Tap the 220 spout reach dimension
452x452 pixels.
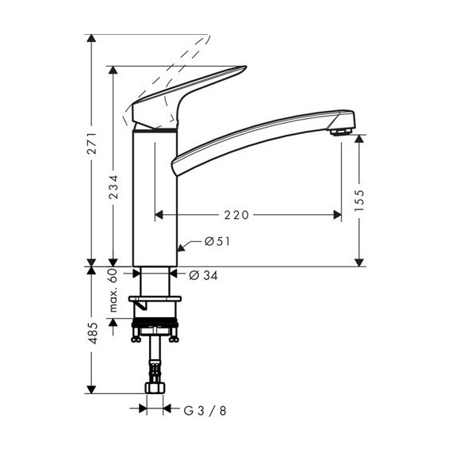(x=238, y=214)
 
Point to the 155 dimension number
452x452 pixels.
(x=359, y=200)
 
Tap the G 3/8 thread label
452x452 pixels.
(x=204, y=410)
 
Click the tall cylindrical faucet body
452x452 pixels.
(x=153, y=198)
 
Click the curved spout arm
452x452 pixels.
(x=254, y=135)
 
